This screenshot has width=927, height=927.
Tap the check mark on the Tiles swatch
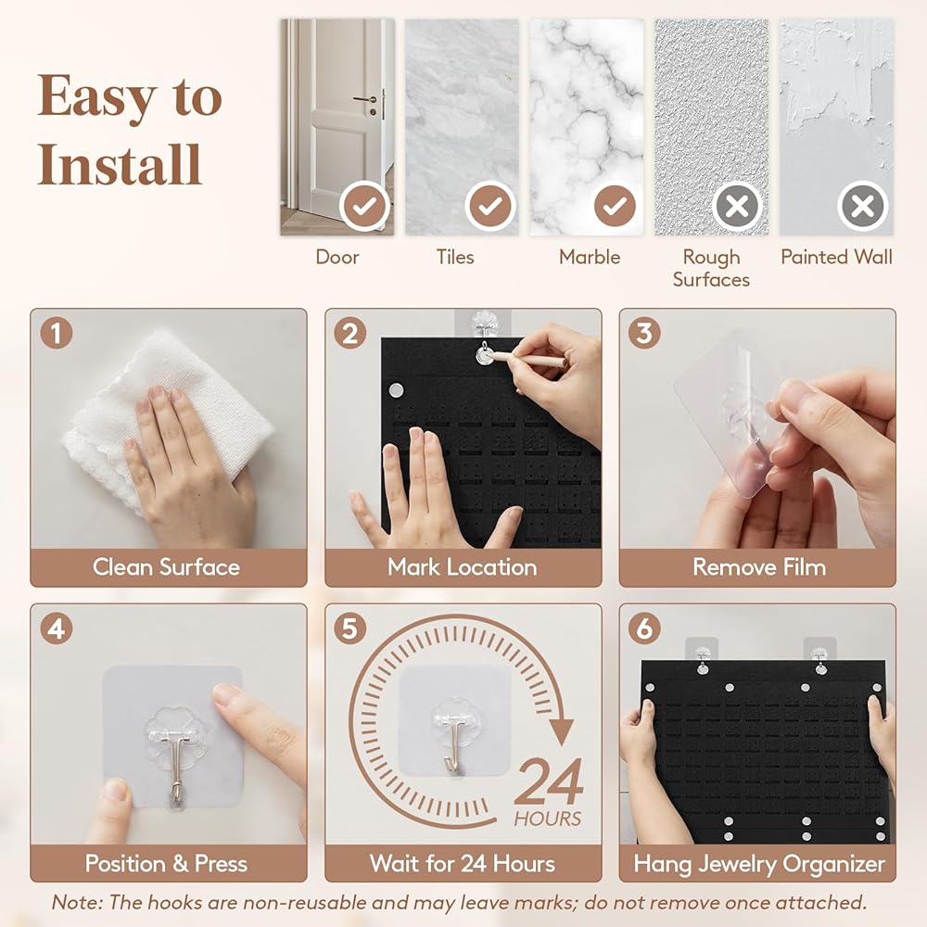(x=489, y=206)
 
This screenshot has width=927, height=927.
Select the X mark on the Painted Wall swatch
(x=862, y=206)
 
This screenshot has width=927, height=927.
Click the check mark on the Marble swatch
(x=615, y=206)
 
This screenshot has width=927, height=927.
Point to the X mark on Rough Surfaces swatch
(x=737, y=206)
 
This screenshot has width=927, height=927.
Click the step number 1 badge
(x=57, y=333)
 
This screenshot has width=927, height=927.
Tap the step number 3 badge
(x=644, y=333)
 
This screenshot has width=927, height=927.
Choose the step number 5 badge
(x=350, y=628)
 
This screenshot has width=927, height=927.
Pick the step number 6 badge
(x=644, y=628)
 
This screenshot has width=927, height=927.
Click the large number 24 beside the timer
(x=549, y=781)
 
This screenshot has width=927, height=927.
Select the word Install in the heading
(x=120, y=164)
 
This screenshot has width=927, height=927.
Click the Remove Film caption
(x=759, y=567)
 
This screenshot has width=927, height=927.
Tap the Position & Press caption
(x=166, y=864)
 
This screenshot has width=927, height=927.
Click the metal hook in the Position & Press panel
(x=173, y=763)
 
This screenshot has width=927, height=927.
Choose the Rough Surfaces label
(x=711, y=268)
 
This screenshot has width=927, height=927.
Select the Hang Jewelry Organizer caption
(x=759, y=864)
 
